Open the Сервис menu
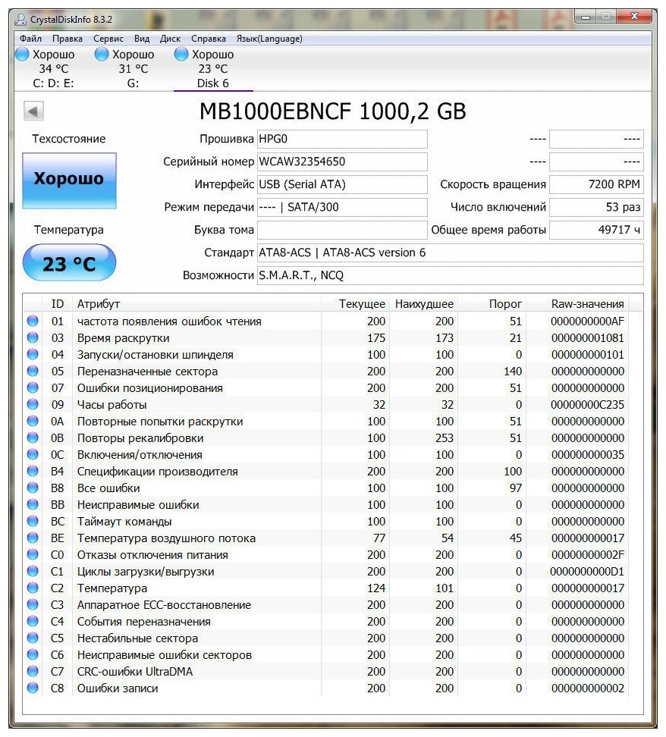pyautogui.click(x=108, y=39)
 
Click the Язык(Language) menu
pyautogui.click(x=269, y=39)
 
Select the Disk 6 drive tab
pyautogui.click(x=213, y=69)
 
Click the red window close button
pyautogui.click(x=636, y=16)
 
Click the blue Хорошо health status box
pyautogui.click(x=69, y=180)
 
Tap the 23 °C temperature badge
pyautogui.click(x=69, y=264)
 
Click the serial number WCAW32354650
pyautogui.click(x=302, y=162)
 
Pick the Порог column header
pyautogui.click(x=505, y=304)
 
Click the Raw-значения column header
pyautogui.click(x=587, y=304)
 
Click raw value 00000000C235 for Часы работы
pyautogui.click(x=587, y=405)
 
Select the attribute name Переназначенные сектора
pyautogui.click(x=147, y=372)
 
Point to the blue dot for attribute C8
pyautogui.click(x=33, y=688)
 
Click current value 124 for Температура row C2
pyautogui.click(x=375, y=588)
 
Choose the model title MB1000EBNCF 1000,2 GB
pyautogui.click(x=332, y=111)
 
